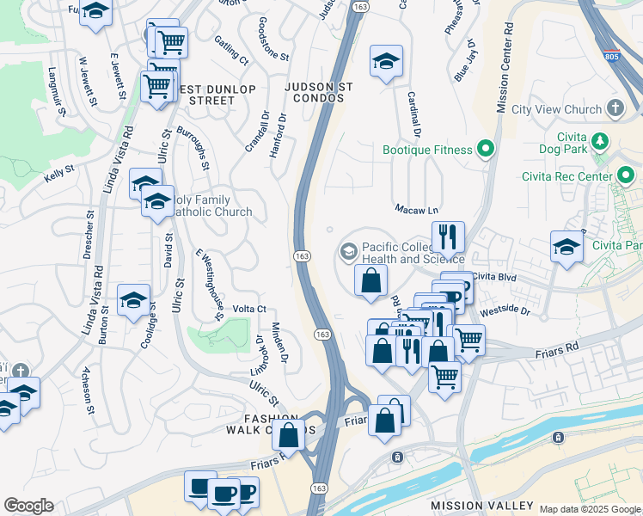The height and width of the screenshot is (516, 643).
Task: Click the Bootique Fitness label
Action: (x=427, y=150)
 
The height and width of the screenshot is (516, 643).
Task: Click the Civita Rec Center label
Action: (x=565, y=176)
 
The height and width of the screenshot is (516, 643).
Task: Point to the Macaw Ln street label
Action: (x=416, y=209)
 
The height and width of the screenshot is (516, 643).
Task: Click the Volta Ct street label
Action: (x=249, y=309)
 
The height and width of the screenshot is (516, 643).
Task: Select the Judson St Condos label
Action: (x=314, y=92)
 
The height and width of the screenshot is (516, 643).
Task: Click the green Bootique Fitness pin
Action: (x=486, y=150)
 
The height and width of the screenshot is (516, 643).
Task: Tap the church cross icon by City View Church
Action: (x=615, y=108)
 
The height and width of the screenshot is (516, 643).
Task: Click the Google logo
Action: (x=28, y=506)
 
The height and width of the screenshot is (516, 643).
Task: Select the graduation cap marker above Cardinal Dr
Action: (x=387, y=61)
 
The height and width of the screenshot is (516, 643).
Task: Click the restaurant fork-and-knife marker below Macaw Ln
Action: (x=447, y=236)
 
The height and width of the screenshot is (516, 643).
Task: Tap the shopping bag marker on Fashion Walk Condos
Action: (x=289, y=436)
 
